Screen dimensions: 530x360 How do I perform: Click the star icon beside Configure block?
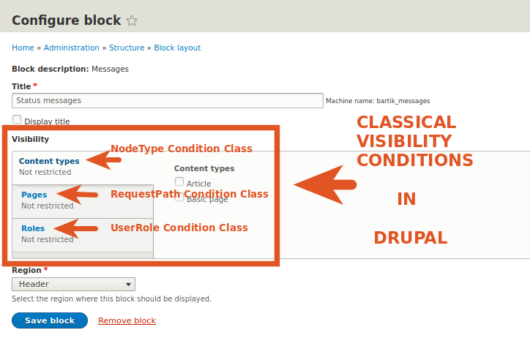point(132,20)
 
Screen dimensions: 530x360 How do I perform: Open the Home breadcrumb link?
point(23,48)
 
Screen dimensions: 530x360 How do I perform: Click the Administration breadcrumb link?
point(72,48)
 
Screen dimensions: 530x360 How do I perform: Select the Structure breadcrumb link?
point(127,48)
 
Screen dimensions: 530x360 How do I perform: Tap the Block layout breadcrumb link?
point(177,48)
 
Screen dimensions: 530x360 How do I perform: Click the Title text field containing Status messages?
point(168,101)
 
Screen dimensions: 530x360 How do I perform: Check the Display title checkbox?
point(17,119)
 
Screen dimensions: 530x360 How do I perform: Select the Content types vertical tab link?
point(49,161)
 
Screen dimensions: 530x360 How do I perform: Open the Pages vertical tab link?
point(34,195)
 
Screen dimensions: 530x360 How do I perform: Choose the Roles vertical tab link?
point(33,228)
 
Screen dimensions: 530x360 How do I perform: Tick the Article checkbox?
point(179,181)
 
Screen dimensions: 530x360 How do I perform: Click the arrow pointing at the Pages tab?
point(77,195)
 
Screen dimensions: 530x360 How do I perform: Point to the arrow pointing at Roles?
point(75,228)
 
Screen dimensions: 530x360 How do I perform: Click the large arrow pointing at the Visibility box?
point(325,184)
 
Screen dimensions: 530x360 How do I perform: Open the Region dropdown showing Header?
point(74,285)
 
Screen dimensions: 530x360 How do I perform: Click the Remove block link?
point(127,320)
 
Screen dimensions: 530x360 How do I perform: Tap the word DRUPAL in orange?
point(411,238)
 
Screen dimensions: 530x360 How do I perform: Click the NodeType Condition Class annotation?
point(182,149)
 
